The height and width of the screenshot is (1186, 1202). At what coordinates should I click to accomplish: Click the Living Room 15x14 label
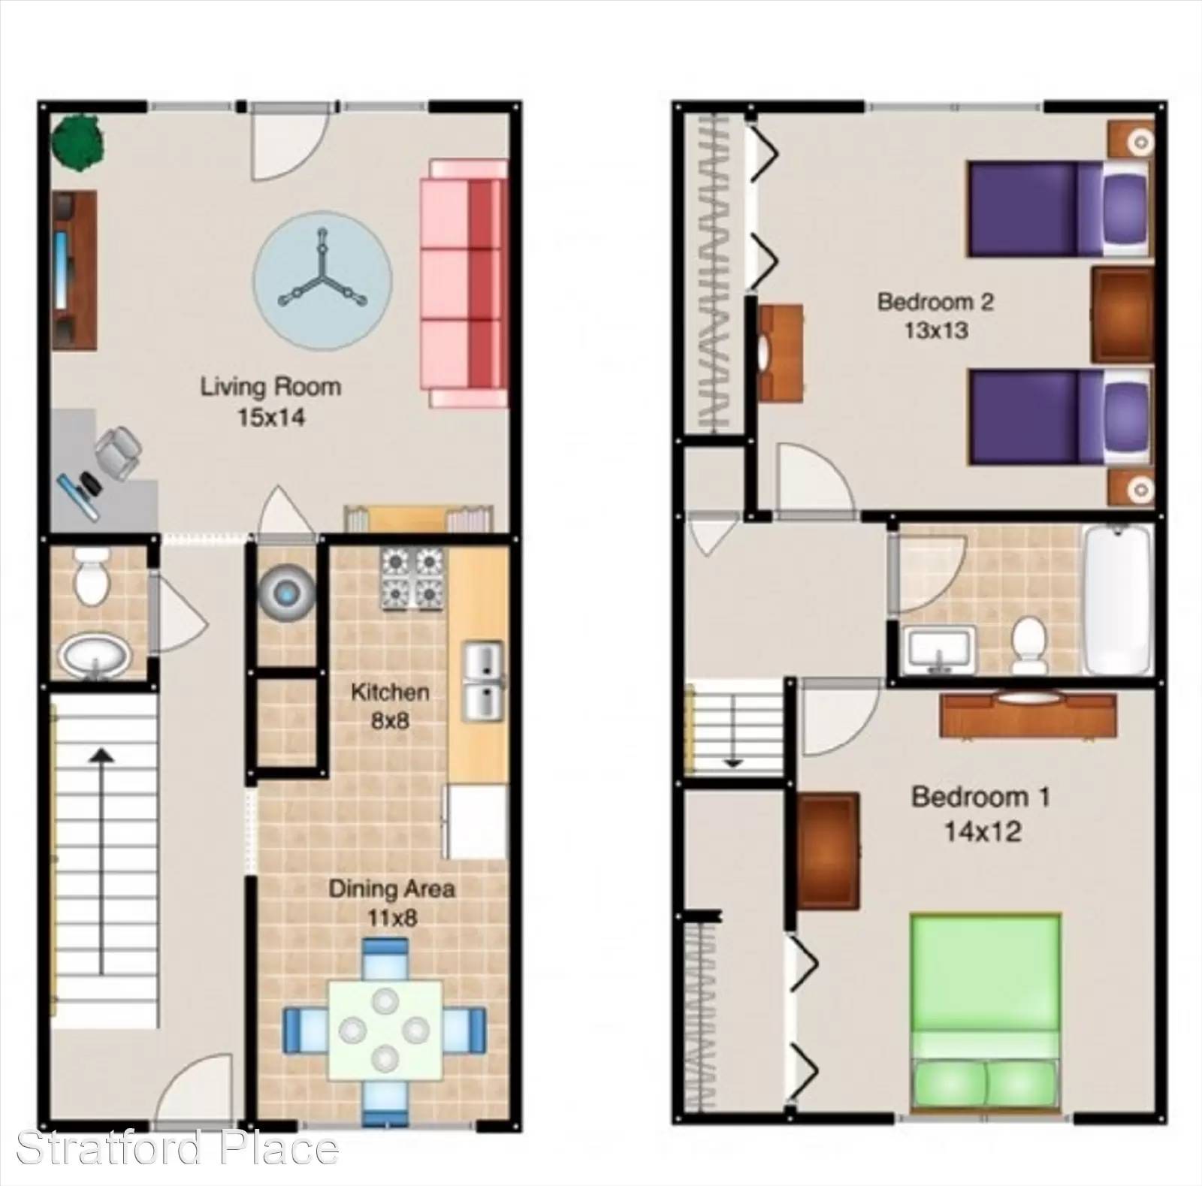tap(270, 402)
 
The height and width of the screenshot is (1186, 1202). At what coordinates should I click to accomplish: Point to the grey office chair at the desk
tap(118, 451)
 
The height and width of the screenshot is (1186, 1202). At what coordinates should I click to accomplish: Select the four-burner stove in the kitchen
tap(412, 578)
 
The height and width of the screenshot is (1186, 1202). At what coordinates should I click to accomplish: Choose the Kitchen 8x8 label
tap(390, 706)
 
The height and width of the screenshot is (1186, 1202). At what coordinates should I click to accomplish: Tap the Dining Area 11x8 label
tap(391, 902)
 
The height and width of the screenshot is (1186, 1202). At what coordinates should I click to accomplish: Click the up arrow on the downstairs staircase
tap(101, 861)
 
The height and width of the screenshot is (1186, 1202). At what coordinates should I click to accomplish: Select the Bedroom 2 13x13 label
tap(935, 315)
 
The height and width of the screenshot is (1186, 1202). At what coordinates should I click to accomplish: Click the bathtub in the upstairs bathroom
tap(1117, 599)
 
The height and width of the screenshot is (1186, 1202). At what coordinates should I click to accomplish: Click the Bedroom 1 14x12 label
tap(981, 814)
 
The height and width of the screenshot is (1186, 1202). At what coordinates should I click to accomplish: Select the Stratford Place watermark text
tap(177, 1148)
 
